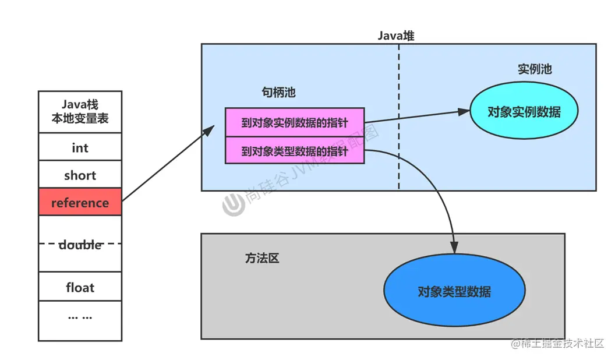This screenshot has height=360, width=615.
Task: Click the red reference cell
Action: (x=80, y=202)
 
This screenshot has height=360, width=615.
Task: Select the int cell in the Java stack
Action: (x=80, y=147)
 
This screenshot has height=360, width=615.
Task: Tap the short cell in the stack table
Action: (x=80, y=175)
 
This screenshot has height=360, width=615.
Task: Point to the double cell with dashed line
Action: (x=80, y=244)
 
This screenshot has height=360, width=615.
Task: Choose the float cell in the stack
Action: (x=80, y=287)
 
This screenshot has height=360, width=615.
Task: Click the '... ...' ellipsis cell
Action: (x=80, y=317)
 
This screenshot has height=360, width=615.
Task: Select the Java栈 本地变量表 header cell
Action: (x=80, y=112)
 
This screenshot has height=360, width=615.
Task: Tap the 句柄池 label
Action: (x=279, y=93)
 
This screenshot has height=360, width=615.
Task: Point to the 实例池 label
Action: (x=534, y=69)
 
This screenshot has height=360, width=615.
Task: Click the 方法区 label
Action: (x=262, y=257)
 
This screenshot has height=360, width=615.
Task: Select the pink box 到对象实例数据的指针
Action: (x=294, y=123)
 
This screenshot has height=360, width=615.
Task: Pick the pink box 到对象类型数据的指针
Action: (x=294, y=151)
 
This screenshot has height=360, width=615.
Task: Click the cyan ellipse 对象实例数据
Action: (x=524, y=111)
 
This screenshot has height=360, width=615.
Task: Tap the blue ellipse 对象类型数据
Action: (x=454, y=291)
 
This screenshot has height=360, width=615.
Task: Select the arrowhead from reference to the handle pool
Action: (x=210, y=129)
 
